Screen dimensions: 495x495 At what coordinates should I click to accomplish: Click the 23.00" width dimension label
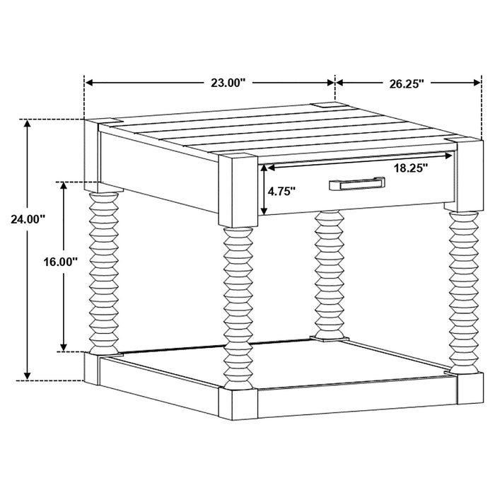(x=228, y=83)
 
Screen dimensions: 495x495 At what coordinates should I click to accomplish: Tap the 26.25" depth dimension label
(x=406, y=83)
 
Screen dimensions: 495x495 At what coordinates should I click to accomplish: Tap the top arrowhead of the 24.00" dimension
(x=27, y=123)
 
